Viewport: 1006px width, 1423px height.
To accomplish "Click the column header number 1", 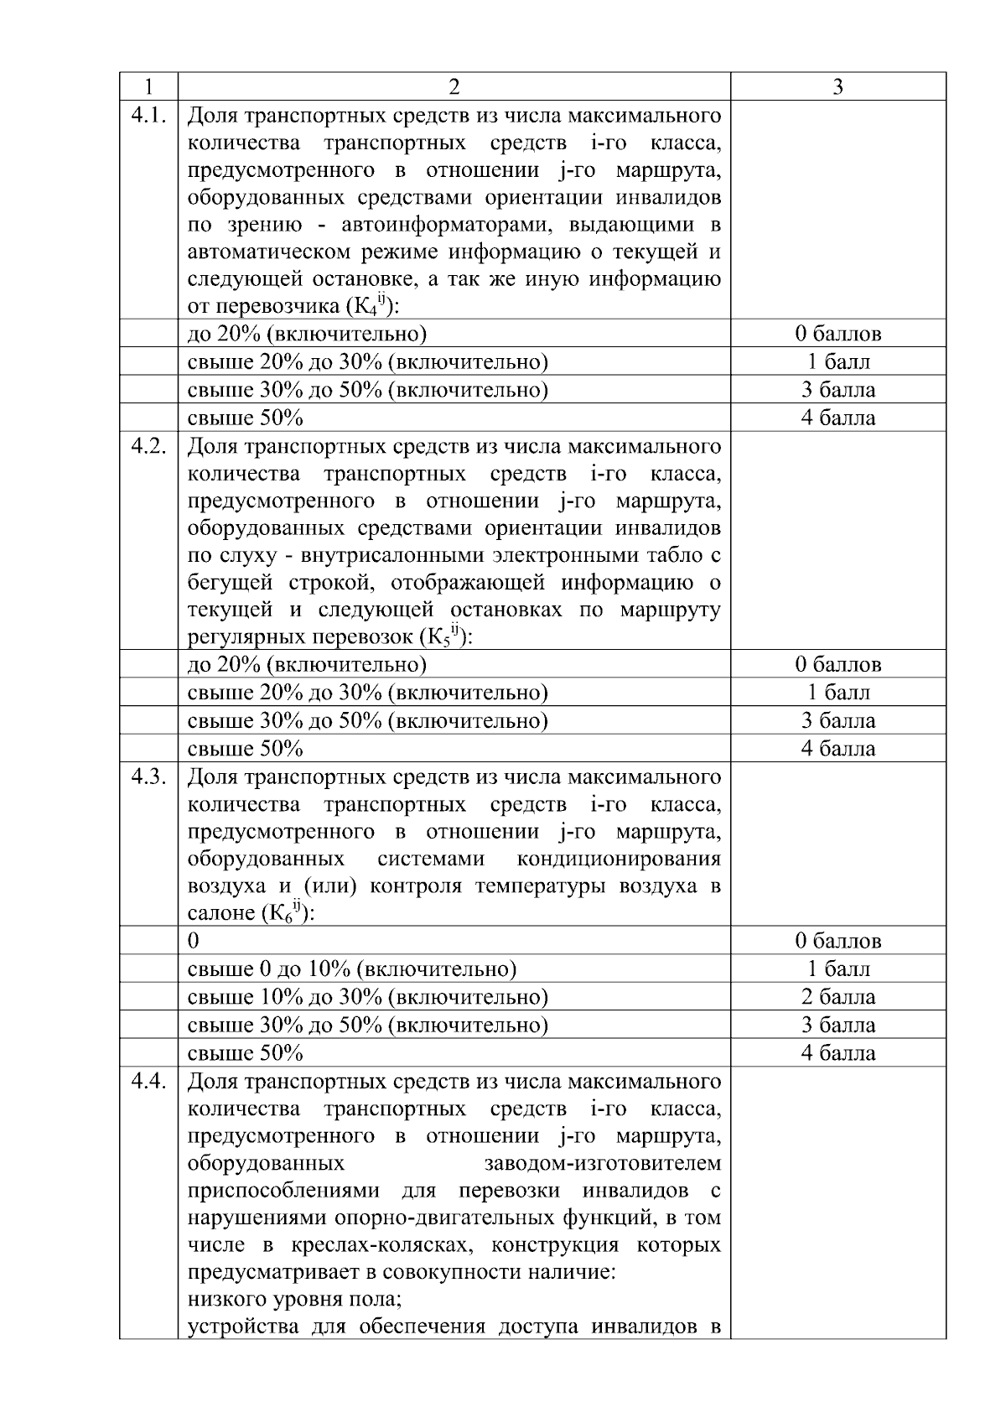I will [148, 87].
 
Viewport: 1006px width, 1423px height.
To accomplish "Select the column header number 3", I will [837, 87].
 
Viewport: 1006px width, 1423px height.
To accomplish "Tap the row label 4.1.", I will [148, 115].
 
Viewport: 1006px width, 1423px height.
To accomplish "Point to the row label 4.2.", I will [148, 445].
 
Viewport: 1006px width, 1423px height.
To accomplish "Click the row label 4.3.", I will [148, 776].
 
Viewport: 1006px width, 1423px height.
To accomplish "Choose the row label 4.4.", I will [148, 1081].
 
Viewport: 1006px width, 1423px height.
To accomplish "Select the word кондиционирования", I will [619, 860].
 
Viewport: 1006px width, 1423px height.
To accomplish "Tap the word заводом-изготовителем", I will [602, 1164].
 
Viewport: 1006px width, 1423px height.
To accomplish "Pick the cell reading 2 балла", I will [837, 997].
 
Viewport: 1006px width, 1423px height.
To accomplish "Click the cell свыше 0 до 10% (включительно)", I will [351, 969].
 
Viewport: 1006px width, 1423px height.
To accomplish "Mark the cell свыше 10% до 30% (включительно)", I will [367, 997].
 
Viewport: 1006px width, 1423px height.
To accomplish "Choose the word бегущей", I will [225, 584].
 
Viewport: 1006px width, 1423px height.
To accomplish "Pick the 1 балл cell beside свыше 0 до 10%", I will [837, 969].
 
